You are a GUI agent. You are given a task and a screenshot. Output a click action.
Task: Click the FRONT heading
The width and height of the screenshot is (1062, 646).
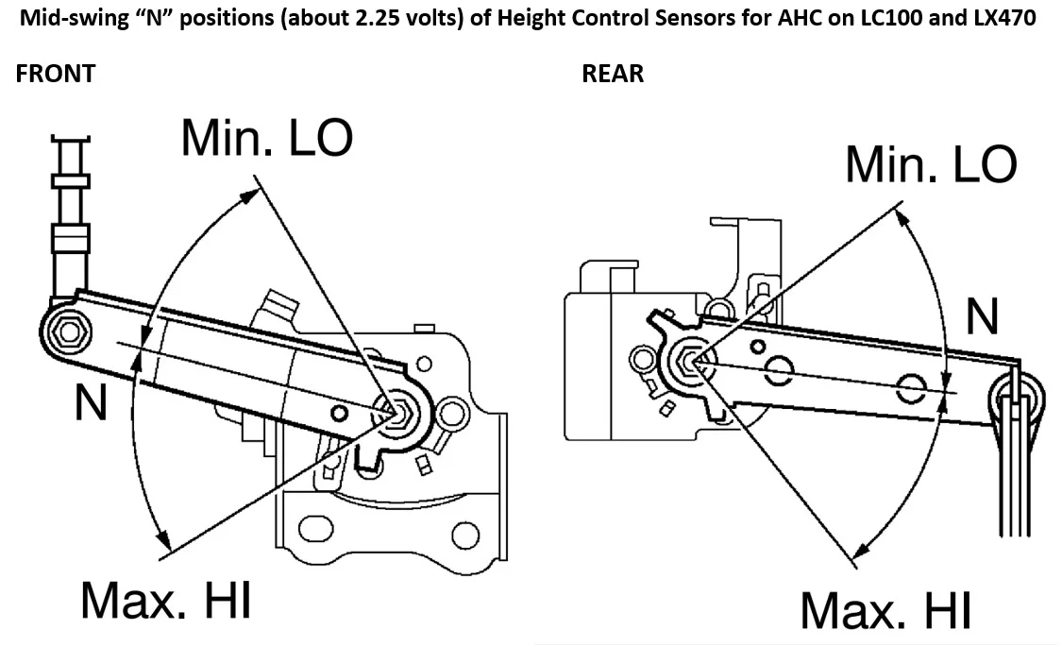click(56, 74)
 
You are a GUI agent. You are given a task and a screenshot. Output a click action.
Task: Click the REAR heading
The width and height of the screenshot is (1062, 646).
click(613, 74)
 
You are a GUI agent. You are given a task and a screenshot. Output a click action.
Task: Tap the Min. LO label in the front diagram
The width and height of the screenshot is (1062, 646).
click(267, 139)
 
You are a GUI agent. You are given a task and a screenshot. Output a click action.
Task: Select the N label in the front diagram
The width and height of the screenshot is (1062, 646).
click(92, 405)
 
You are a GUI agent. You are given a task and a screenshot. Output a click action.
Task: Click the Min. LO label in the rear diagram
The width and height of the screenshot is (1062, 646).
click(931, 164)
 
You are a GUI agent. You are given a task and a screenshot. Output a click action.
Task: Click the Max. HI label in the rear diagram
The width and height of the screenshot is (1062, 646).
click(885, 611)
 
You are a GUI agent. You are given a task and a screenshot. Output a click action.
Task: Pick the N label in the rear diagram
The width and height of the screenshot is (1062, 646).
click(982, 317)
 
